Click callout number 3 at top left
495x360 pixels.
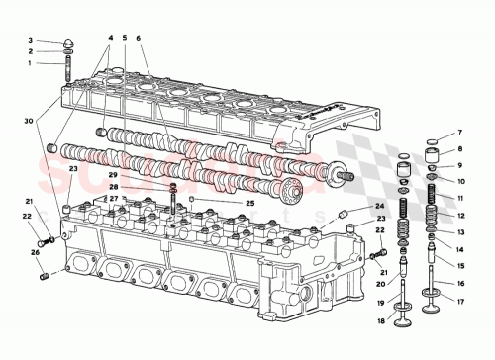tap(30, 41)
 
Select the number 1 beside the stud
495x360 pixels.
tap(30, 62)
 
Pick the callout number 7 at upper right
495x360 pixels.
tap(460, 131)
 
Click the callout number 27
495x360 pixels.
tap(114, 199)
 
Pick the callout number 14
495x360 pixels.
tap(460, 248)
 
